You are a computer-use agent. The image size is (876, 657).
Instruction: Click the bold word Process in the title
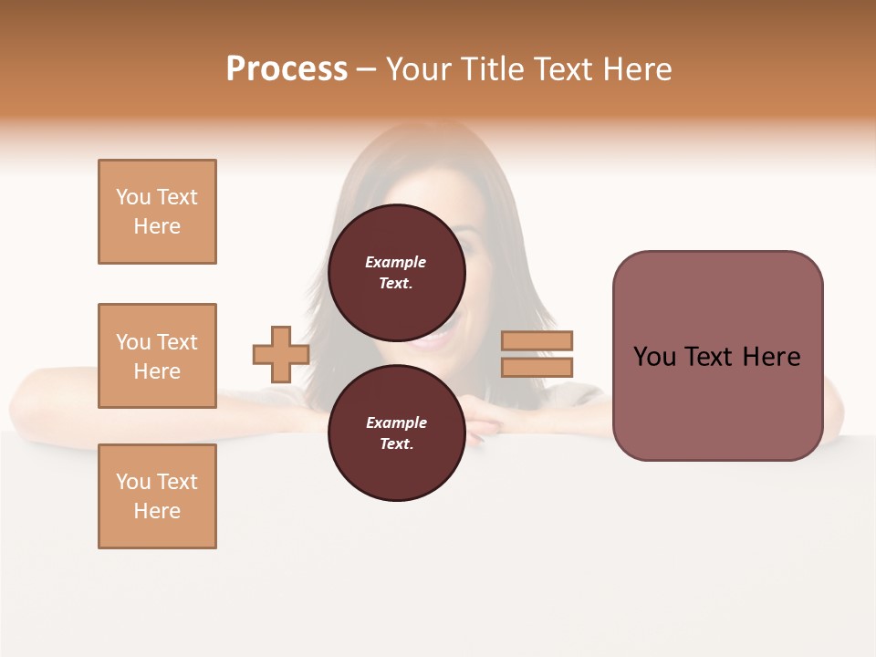click(x=287, y=69)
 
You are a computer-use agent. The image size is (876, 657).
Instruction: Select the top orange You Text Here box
click(x=157, y=212)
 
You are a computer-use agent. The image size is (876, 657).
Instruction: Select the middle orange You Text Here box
click(x=157, y=356)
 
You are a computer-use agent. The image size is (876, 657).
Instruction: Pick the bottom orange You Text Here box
click(x=157, y=496)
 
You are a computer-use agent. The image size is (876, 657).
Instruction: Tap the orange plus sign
click(x=281, y=354)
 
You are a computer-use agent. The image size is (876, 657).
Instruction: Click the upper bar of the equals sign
click(x=537, y=340)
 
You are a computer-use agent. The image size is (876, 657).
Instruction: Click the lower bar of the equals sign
click(x=537, y=368)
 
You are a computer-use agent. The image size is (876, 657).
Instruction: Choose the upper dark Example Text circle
click(x=396, y=272)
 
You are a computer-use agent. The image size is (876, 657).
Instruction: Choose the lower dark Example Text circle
click(x=396, y=433)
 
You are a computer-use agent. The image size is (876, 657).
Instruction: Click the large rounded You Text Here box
click(x=717, y=356)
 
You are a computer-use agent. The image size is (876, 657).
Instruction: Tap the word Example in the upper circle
click(x=396, y=262)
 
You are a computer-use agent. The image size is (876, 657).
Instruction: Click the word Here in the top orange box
click(x=157, y=226)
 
